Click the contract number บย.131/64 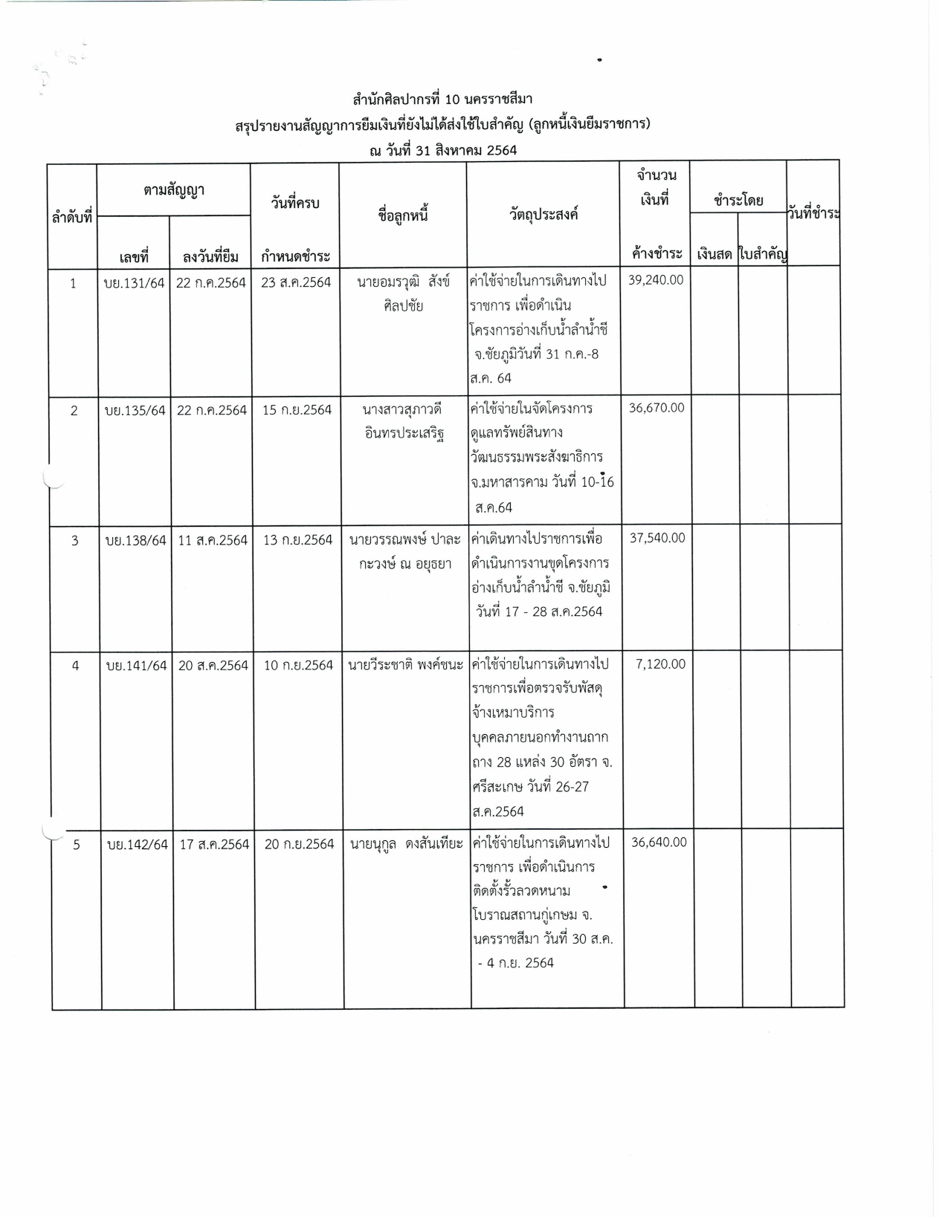coord(135,282)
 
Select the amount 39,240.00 coord(656,279)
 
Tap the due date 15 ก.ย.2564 coord(297,410)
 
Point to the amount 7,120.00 coord(660,663)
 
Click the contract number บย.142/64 coord(138,844)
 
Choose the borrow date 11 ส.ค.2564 coord(213,540)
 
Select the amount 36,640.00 coord(659,842)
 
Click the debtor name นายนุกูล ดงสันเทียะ coord(407,844)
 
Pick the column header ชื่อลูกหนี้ coord(403,216)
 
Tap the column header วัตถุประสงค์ coord(543,215)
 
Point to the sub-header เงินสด coord(714,255)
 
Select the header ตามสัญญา coord(174,190)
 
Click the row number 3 coord(74,540)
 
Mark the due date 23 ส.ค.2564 coord(296,282)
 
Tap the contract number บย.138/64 coord(136,540)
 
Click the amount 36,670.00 coord(656,407)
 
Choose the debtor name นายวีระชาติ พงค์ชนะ coord(406,665)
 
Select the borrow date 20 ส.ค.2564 coord(213,665)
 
